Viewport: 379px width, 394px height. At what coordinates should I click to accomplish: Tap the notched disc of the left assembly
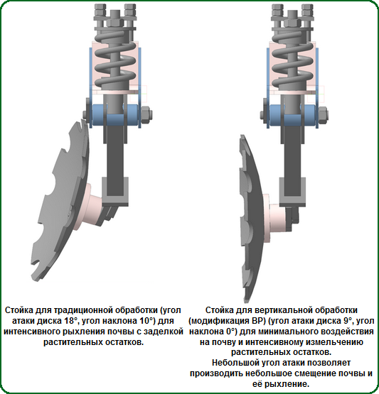[x=60, y=201]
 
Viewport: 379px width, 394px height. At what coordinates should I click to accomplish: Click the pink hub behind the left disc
[x=90, y=206]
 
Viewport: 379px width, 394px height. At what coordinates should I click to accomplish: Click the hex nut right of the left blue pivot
[x=146, y=115]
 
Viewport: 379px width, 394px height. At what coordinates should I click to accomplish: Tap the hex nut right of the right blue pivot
[x=323, y=115]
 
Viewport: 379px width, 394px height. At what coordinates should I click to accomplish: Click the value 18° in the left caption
[x=70, y=321]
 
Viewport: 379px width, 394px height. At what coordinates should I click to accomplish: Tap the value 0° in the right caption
[x=231, y=332]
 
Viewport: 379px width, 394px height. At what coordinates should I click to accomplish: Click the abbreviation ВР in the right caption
[x=256, y=321]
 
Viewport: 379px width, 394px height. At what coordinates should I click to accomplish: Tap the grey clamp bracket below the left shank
[x=115, y=192]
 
